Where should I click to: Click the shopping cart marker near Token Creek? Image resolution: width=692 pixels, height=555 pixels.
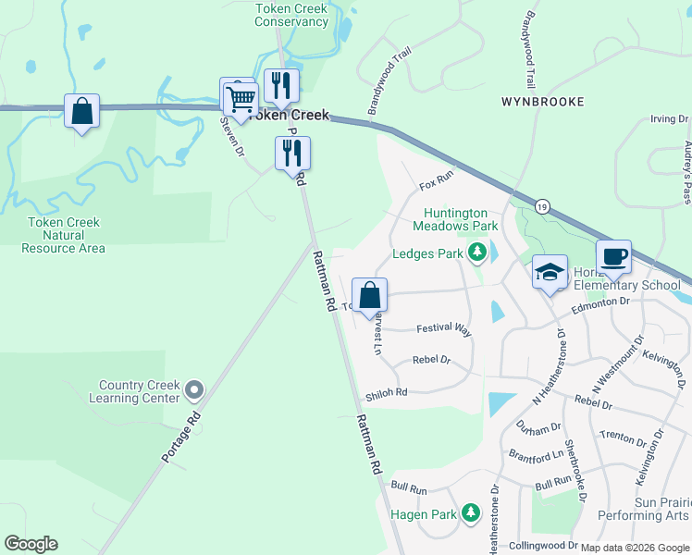coord(241,97)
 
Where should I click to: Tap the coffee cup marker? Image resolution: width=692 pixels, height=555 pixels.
coord(613,257)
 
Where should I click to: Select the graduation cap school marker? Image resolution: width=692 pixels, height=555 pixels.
coord(550,273)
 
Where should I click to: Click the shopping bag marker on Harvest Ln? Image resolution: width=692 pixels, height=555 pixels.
coord(369,297)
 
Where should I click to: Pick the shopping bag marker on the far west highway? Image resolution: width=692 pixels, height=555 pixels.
coord(82,112)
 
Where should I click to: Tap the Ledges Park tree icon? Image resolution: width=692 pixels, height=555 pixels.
coord(477,253)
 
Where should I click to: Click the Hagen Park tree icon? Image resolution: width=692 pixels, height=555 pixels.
coord(471,512)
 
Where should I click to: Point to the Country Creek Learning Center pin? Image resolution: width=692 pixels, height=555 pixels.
coord(193,390)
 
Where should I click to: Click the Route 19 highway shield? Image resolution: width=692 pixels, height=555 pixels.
coord(541,206)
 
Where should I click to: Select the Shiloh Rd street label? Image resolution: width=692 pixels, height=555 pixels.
coord(386,392)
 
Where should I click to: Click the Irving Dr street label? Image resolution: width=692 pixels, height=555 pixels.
coord(670,119)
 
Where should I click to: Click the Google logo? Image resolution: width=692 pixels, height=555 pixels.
coord(31,544)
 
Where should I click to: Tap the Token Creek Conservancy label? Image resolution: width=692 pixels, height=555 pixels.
coord(291,15)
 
